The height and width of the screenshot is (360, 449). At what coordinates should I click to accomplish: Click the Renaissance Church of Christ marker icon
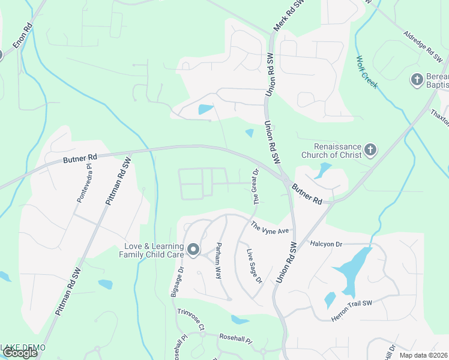(x=370, y=149)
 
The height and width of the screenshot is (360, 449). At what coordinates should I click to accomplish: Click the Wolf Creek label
(x=367, y=72)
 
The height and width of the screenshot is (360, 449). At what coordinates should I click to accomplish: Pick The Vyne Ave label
(x=270, y=227)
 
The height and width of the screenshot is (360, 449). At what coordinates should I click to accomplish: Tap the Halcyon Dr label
(x=326, y=244)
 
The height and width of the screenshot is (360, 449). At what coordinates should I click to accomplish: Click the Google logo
(x=20, y=353)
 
